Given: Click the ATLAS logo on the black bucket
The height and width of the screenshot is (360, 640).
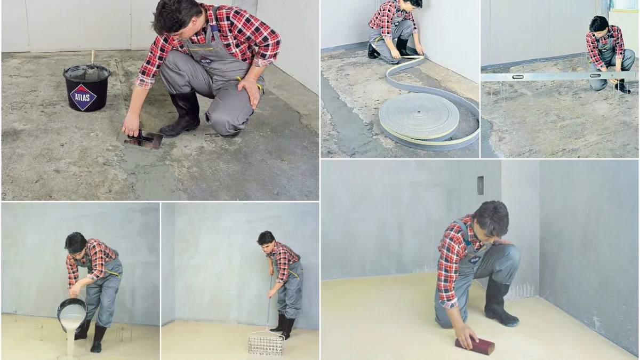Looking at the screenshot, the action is pos(83,97).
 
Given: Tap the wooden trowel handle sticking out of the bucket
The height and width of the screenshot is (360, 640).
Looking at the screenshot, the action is pos(93,58).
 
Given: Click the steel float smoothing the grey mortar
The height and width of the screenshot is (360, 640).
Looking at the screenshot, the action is pos(140,139).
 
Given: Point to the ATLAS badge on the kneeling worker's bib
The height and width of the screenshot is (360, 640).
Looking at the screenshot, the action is pos(206,61).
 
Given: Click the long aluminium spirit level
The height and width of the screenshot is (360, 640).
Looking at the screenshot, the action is pos(561,77).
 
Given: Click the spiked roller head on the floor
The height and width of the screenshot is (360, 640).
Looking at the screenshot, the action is pos(266,345).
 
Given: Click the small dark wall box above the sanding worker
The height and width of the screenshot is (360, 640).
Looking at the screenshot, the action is pos(481,186).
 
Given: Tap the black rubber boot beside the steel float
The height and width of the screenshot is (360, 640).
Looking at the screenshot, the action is pos(182,115).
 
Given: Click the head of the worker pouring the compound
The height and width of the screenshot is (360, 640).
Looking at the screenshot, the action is pos(75,243).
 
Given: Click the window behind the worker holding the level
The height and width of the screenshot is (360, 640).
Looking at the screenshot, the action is pos(625,6).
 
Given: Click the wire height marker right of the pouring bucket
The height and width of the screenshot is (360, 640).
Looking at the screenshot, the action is pos(123,334).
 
